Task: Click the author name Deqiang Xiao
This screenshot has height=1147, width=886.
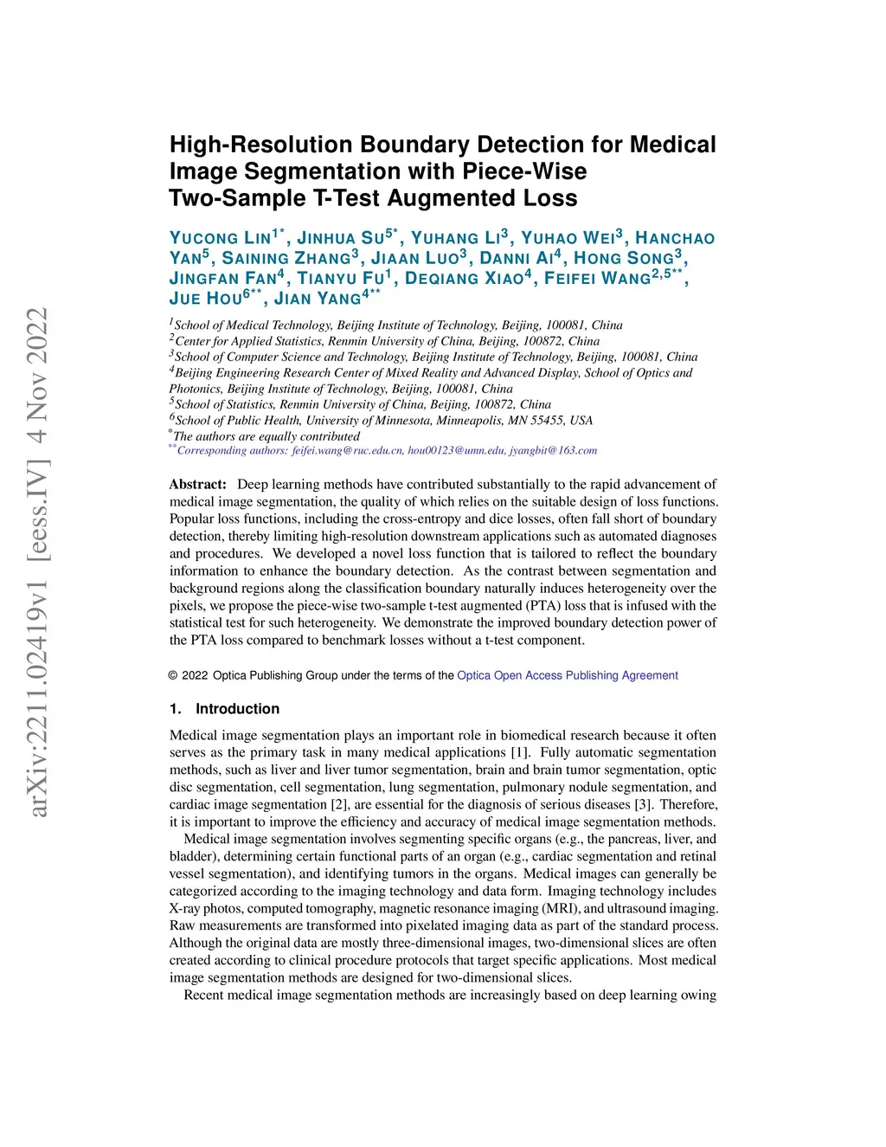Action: (464, 279)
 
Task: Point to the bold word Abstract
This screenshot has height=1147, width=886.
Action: (197, 485)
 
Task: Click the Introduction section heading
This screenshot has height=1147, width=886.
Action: (237, 709)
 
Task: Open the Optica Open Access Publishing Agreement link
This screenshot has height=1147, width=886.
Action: (567, 675)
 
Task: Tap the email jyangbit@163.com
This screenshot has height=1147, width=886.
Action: (553, 450)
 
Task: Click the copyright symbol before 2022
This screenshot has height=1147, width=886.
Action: (173, 676)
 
